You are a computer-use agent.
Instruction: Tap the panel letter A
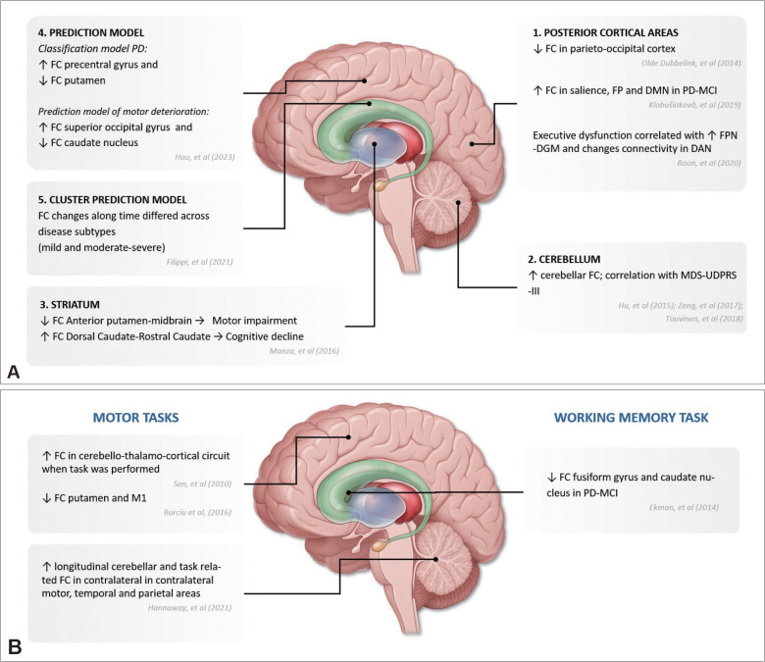[x=16, y=370]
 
